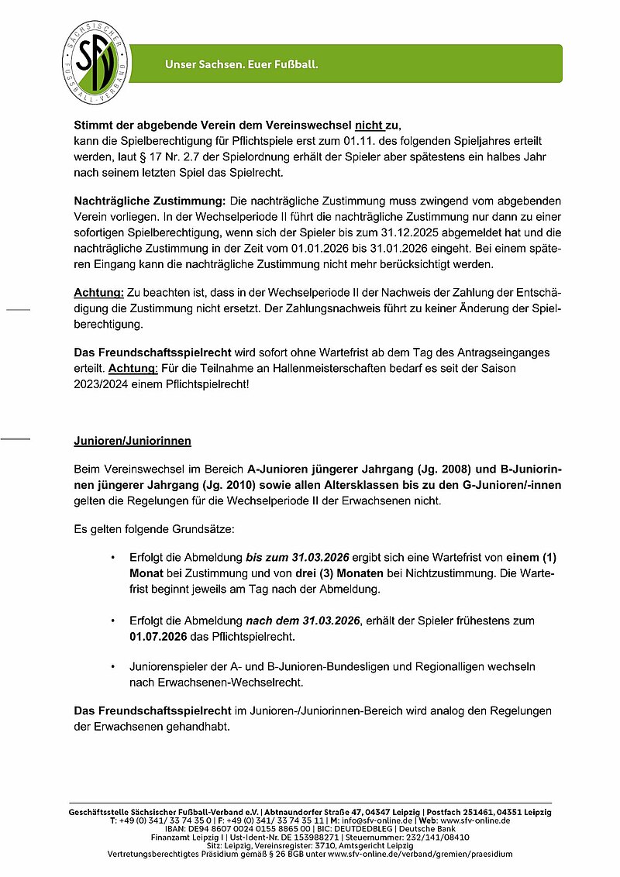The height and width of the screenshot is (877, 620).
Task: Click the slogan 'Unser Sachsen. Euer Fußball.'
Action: tap(242, 64)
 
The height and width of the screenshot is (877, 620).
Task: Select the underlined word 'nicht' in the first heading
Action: tap(370, 125)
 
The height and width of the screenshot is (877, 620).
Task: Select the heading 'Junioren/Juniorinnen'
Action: tap(133, 442)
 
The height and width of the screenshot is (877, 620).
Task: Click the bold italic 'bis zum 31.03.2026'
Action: tap(298, 558)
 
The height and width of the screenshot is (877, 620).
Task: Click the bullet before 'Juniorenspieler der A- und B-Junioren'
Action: tap(113, 666)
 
